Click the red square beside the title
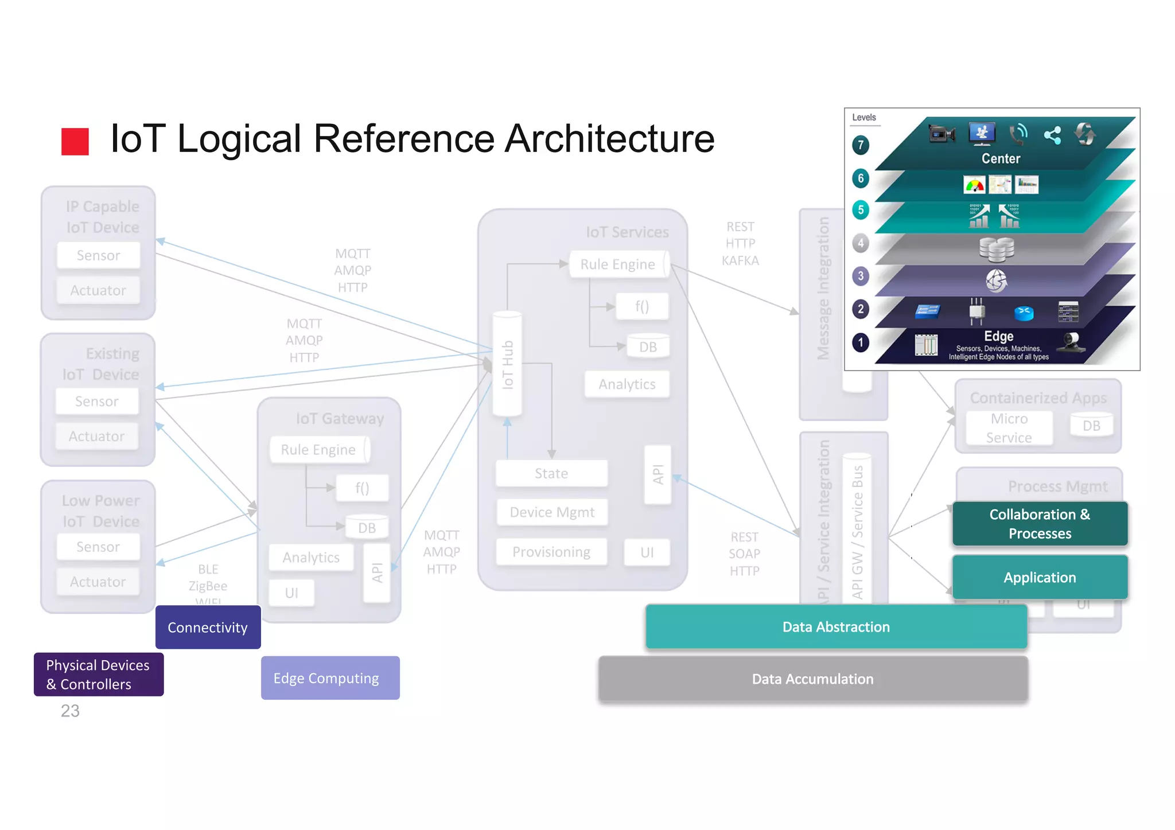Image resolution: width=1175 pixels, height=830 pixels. [x=75, y=141]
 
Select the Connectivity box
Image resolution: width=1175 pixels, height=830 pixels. [x=208, y=627]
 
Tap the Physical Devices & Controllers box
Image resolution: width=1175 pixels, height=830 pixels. [x=98, y=674]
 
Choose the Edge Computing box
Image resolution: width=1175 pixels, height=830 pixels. [x=330, y=677]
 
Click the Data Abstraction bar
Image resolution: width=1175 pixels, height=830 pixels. [x=835, y=626]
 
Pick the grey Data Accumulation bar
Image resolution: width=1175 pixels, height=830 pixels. [x=812, y=679]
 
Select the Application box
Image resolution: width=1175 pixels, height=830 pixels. [x=1039, y=577]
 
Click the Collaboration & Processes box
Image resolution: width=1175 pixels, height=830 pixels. [x=1039, y=523]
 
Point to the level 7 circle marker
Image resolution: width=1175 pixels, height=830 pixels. [x=860, y=145]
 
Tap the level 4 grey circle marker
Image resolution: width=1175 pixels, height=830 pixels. [x=860, y=243]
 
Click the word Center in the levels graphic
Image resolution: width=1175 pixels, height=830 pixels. [x=1001, y=158]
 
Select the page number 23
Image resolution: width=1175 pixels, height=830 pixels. [x=70, y=711]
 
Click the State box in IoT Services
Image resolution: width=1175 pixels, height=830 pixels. [x=551, y=473]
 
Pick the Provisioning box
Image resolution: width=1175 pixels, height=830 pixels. [x=551, y=552]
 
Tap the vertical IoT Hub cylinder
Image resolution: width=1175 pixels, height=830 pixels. [x=507, y=364]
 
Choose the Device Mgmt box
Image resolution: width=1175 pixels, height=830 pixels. [x=551, y=512]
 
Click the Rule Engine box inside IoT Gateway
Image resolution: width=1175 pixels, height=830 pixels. [x=319, y=450]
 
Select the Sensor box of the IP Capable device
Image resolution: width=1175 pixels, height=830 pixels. [x=98, y=255]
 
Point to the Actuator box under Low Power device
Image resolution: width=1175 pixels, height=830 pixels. [x=98, y=582]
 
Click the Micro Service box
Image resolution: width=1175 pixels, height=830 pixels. [x=1009, y=428]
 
